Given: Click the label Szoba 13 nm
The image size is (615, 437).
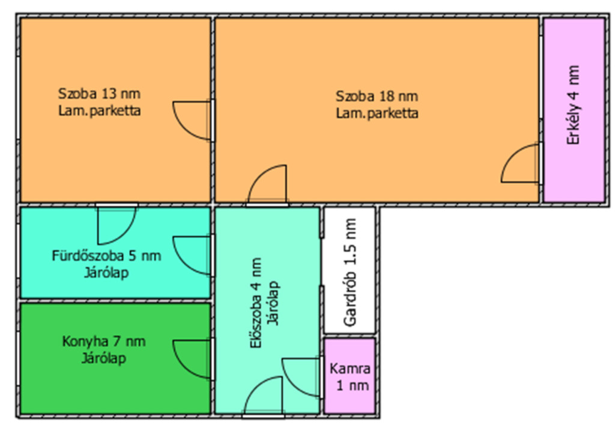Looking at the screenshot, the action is click(x=99, y=94).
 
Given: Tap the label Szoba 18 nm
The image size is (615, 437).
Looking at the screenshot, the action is click(x=377, y=97).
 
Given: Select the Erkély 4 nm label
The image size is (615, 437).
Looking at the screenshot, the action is click(x=573, y=105).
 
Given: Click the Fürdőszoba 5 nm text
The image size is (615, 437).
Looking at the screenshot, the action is click(x=106, y=256).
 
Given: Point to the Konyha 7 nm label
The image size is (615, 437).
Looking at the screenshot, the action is click(x=104, y=342).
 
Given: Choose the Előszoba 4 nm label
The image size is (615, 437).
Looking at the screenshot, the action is click(x=256, y=303).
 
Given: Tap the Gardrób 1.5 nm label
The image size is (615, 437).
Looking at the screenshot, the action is click(x=350, y=273).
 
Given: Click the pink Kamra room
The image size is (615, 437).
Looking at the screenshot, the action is click(x=350, y=375).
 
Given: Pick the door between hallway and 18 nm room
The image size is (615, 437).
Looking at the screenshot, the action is click(x=267, y=185).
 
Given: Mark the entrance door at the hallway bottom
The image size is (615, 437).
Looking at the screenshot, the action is click(x=263, y=396).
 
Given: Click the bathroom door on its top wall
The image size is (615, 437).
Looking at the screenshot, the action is click(x=117, y=225).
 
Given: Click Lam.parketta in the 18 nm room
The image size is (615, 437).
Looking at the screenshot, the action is click(x=377, y=113).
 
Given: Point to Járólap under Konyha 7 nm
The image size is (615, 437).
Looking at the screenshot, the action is click(x=104, y=358).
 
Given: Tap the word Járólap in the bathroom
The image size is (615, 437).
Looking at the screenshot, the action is click(x=106, y=273).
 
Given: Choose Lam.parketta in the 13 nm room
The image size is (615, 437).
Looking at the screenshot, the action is click(x=99, y=111).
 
